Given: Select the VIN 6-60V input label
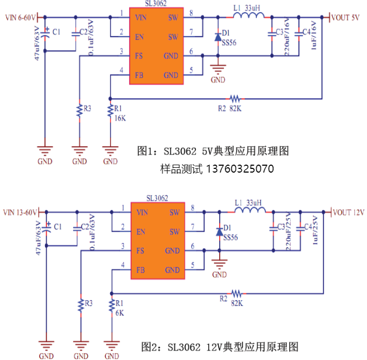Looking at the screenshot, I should pyautogui.click(x=21, y=17).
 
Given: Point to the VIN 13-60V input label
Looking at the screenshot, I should pyautogui.click(x=20, y=212).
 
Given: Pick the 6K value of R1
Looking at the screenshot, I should pyautogui.click(x=119, y=312).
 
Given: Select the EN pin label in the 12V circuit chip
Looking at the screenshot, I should pyautogui.click(x=140, y=231).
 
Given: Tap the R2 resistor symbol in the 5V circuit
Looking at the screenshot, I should pyautogui.click(x=235, y=98).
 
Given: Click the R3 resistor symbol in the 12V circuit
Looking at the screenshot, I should pyautogui.click(x=81, y=304).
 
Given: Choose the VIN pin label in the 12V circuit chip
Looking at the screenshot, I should pyautogui.click(x=142, y=212).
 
